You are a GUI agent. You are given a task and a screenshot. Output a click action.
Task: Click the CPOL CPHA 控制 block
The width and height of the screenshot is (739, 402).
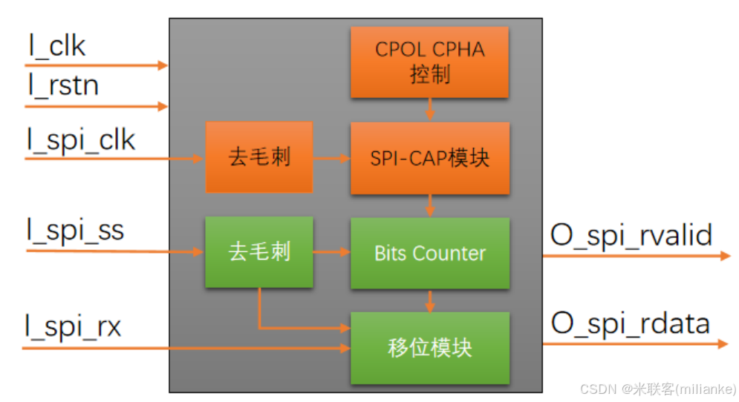tap(429, 62)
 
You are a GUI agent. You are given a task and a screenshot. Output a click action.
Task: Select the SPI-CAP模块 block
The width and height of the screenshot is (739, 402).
tap(429, 158)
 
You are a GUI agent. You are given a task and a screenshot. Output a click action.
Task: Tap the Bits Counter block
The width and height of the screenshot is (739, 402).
tap(429, 253)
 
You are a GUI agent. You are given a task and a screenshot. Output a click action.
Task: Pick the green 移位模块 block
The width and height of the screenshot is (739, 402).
tap(429, 348)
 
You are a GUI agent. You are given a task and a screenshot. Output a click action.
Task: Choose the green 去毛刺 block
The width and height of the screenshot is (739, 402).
tap(258, 252)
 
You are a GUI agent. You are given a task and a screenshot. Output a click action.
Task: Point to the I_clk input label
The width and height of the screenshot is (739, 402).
tap(57, 46)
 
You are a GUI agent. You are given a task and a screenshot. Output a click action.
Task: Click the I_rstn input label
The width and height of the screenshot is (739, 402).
tap(63, 85)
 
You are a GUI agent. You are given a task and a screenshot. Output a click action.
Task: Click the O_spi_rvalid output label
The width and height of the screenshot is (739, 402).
tap(631, 235)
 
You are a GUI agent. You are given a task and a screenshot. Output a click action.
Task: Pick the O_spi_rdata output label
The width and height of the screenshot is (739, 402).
tap(630, 323)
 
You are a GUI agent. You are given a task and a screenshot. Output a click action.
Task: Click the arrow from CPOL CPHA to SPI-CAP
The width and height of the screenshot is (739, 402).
tap(429, 110)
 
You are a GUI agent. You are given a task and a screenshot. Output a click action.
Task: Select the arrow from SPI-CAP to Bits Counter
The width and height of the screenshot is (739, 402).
tap(429, 205)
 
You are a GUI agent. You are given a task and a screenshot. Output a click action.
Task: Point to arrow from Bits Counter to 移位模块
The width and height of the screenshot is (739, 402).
tap(429, 300)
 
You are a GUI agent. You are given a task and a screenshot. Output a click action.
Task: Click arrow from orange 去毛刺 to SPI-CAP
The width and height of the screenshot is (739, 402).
tap(331, 158)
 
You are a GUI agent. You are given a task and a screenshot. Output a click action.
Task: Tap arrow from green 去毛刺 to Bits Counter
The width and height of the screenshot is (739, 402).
tap(331, 252)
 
